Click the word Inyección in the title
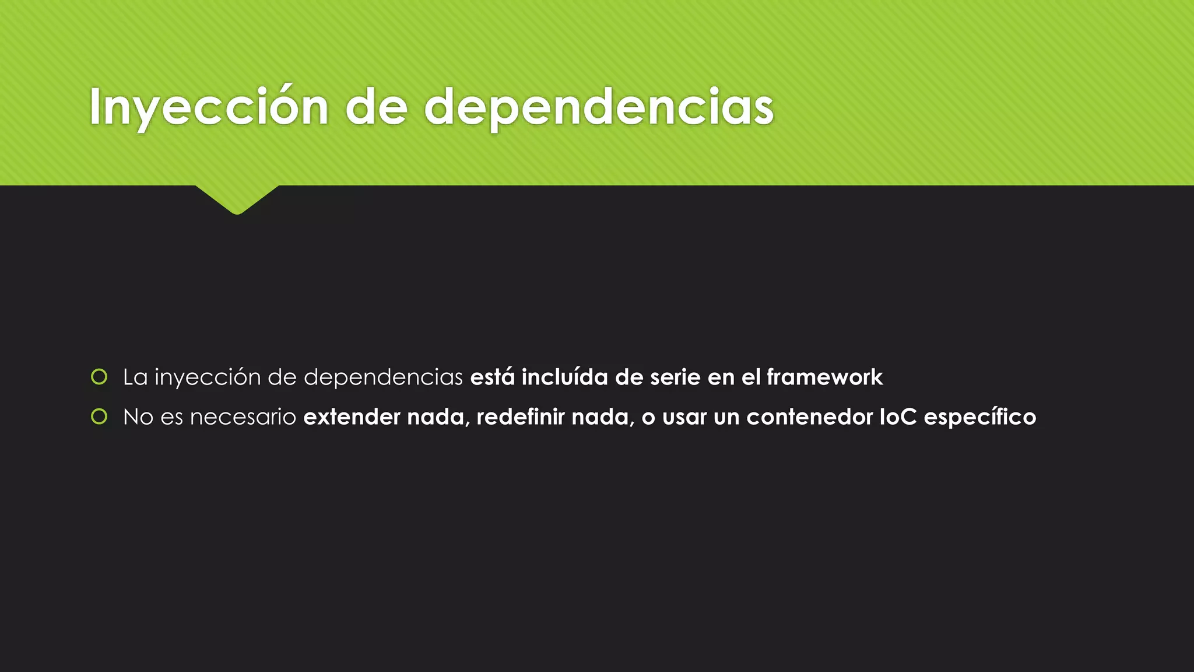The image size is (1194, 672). click(x=209, y=108)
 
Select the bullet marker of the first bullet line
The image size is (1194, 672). click(x=100, y=377)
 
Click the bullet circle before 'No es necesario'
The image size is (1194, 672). click(x=100, y=416)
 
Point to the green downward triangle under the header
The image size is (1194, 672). click(x=237, y=199)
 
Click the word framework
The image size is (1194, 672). click(x=824, y=377)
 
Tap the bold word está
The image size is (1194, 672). click(x=492, y=377)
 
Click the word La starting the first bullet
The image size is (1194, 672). click(x=135, y=377)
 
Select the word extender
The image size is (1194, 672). click(x=352, y=417)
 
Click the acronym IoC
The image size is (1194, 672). click(x=898, y=417)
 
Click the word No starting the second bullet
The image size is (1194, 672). click(x=138, y=417)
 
